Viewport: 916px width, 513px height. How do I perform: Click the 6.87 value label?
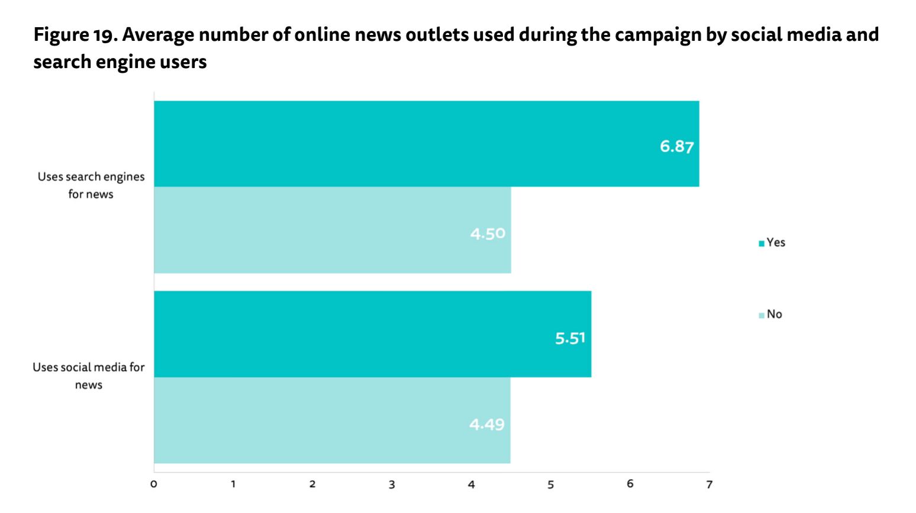coord(676,146)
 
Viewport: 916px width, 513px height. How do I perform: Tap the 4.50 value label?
coord(488,234)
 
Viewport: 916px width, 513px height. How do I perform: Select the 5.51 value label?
coord(570,338)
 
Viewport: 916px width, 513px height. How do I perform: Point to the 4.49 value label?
coord(486,424)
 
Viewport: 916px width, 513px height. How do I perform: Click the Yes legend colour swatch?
coord(762,243)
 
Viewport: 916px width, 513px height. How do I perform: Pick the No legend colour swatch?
coord(762,315)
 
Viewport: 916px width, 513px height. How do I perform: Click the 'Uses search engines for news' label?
coord(91,185)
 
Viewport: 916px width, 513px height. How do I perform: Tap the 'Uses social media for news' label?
coord(89,376)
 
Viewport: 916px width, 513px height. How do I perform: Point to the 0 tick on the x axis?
coord(154,485)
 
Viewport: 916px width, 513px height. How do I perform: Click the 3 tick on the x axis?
coord(392,485)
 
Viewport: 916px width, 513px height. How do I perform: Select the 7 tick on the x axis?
coord(709,485)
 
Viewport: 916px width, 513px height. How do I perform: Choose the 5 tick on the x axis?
coord(550,485)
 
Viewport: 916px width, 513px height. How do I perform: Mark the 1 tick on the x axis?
coord(233,485)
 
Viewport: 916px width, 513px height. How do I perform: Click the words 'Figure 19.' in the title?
coord(76,35)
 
